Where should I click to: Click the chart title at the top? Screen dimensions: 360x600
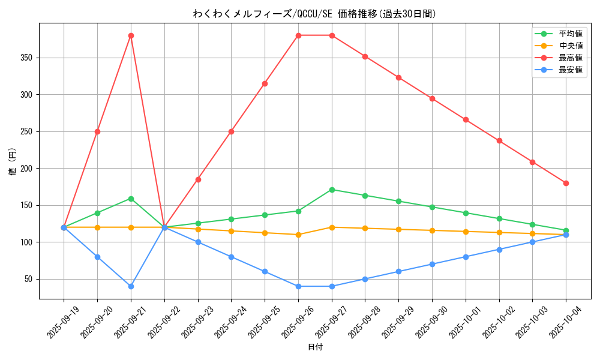pyautogui.click(x=314, y=14)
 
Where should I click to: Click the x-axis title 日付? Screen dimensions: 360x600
pyautogui.click(x=315, y=347)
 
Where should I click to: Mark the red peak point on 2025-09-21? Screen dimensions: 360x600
pyautogui.click(x=131, y=35)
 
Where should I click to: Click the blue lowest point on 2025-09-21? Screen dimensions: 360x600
pyautogui.click(x=131, y=286)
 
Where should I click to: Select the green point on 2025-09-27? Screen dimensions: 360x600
pyautogui.click(x=332, y=190)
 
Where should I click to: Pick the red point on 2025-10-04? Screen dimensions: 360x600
pyautogui.click(x=566, y=183)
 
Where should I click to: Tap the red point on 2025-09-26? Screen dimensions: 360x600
pyautogui.click(x=298, y=35)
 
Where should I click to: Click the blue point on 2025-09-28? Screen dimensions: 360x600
pyautogui.click(x=365, y=279)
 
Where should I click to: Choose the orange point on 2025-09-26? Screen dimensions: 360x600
pyautogui.click(x=298, y=235)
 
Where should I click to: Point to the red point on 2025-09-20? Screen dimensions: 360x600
pyautogui.click(x=97, y=131)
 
